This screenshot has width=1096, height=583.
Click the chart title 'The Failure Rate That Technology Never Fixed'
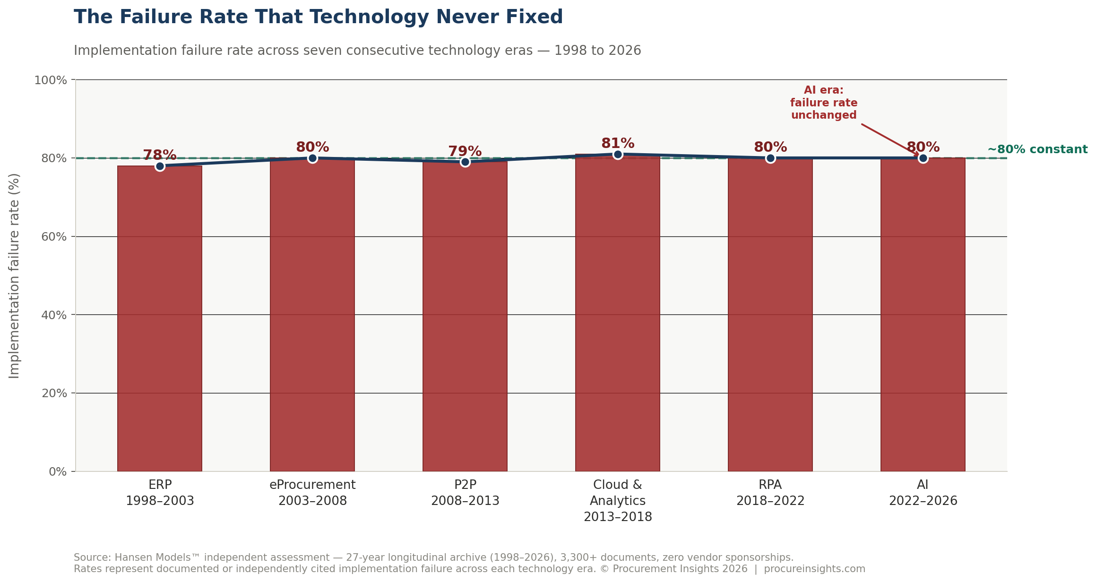(x=318, y=17)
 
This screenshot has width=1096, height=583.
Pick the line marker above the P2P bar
(x=465, y=162)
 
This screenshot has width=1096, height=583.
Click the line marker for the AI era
(x=923, y=158)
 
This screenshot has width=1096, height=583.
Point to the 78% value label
(x=160, y=155)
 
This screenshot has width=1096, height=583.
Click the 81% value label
(x=617, y=143)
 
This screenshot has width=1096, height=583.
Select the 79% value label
(x=465, y=151)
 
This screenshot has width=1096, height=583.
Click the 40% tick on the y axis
(x=54, y=315)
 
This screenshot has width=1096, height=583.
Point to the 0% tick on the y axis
(x=58, y=472)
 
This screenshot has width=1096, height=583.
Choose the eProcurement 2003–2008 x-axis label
(x=312, y=493)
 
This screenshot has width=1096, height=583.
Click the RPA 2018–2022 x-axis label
(x=770, y=493)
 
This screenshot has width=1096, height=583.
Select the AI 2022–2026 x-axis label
(x=923, y=493)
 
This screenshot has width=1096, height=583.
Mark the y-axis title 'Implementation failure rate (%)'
(x=15, y=276)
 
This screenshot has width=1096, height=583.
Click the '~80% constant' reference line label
(x=1037, y=149)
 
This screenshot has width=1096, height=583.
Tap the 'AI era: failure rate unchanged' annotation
(x=824, y=103)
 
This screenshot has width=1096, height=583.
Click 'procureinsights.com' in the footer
(x=814, y=569)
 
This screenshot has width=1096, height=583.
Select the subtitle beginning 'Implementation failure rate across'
(x=357, y=51)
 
